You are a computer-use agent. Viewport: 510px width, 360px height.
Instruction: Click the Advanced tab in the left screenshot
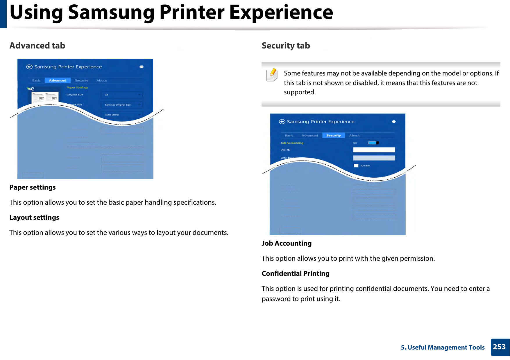coord(58,80)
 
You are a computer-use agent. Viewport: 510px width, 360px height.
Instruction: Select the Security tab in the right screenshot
coord(333,135)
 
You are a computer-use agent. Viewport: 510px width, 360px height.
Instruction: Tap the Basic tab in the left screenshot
coord(36,80)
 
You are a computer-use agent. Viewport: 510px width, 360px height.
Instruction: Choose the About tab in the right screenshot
coord(354,135)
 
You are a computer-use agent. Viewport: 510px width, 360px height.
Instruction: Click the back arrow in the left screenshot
coord(29,67)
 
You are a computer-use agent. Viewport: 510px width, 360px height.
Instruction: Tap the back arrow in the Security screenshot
coord(282,122)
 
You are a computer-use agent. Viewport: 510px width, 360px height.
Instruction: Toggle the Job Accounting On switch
coord(373,143)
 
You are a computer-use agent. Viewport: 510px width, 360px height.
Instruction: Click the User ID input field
coord(374,150)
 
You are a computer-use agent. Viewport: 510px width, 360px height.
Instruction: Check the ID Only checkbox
coord(356,166)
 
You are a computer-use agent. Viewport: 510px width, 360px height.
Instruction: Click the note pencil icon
coord(272,75)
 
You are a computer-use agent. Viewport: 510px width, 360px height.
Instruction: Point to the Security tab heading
coord(286,46)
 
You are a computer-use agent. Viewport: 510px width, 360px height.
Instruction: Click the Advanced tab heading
coord(37,46)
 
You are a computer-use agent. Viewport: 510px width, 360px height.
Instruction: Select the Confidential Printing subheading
coord(295,273)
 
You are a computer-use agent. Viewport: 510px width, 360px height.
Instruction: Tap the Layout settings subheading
coord(34,217)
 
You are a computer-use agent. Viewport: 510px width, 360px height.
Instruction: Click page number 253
coord(499,347)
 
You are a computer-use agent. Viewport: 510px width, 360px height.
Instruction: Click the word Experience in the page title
coord(281,12)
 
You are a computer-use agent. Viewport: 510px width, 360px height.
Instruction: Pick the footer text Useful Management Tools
coord(446,347)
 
